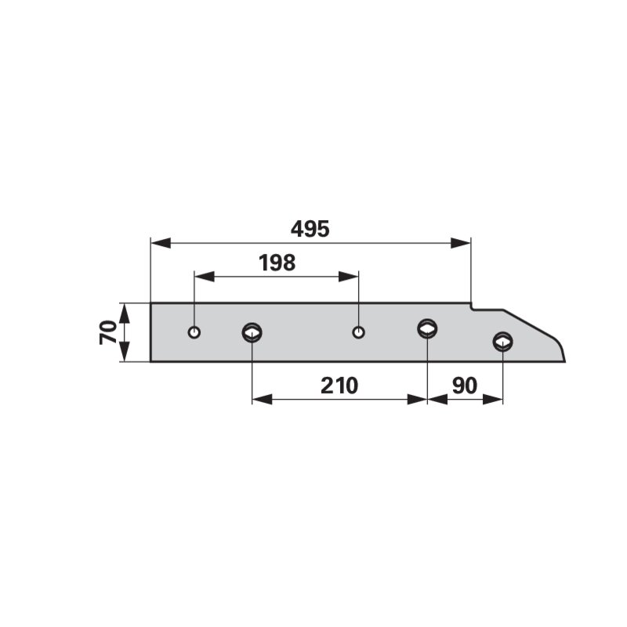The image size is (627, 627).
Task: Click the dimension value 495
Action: [310, 229]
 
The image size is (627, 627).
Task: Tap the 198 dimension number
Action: [277, 263]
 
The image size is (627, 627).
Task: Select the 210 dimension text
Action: [339, 386]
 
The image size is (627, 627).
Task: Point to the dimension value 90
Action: [465, 386]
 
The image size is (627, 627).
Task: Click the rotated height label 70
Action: [108, 332]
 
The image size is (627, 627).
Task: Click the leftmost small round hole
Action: [194, 332]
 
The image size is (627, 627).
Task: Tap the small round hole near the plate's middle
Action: [358, 332]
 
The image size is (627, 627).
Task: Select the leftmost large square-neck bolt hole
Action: [252, 332]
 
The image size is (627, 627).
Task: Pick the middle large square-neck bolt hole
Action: [427, 329]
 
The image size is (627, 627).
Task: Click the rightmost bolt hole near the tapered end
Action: [502, 342]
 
